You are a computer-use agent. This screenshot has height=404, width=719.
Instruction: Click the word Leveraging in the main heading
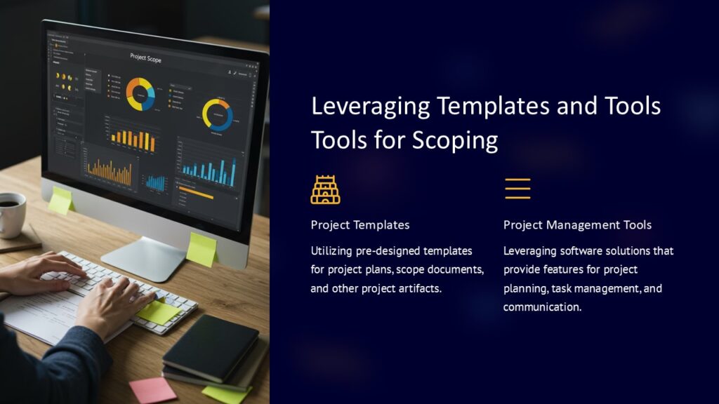(369, 106)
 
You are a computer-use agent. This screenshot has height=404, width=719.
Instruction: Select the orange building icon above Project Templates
(325, 189)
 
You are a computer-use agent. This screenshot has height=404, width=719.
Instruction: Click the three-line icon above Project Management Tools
(517, 189)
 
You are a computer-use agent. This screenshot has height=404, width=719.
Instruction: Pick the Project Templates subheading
(360, 225)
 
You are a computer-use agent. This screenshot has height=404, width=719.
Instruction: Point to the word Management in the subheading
(575, 225)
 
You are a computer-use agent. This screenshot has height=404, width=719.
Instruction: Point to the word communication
(543, 307)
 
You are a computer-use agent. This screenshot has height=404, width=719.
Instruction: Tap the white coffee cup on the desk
(10, 214)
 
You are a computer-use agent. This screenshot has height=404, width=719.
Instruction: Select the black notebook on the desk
(210, 348)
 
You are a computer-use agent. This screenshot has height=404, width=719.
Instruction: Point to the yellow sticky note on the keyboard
(158, 311)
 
